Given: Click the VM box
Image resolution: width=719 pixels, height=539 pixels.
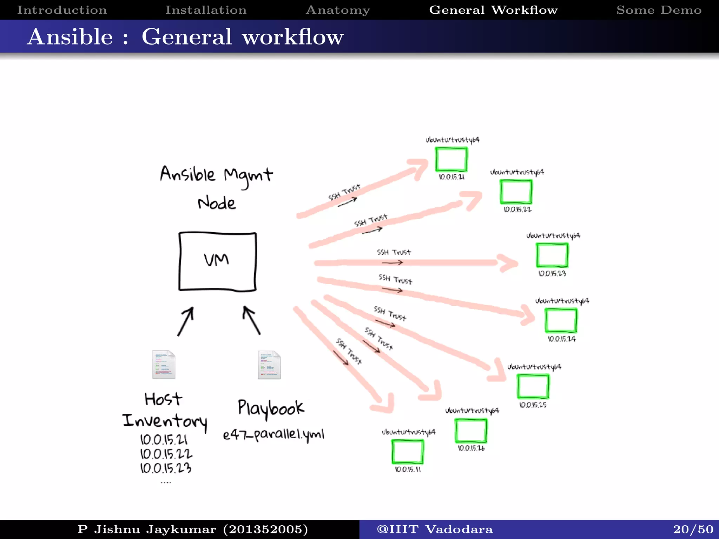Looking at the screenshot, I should pos(217,261).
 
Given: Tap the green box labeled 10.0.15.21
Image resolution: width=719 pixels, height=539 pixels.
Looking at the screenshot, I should pos(451,159).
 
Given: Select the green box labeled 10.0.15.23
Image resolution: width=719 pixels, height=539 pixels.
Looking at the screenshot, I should pos(552,255).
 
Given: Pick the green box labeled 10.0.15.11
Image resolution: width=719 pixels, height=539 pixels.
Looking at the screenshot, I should pos(408,452).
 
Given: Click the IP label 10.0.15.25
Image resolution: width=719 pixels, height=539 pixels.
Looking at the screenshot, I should pos(533,405).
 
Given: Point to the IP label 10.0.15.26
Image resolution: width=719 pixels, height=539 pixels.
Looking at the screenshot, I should pos(471,448).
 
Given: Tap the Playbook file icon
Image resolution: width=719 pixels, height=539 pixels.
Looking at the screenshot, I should pos(269,365).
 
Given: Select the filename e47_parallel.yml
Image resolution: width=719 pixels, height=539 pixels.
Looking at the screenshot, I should pos(273,435).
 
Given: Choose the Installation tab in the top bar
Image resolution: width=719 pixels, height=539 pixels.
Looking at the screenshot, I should pos(206,10).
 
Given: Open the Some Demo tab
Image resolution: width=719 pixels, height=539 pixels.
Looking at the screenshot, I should pos(659,10).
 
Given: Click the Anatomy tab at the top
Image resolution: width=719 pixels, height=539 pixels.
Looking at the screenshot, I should pos(338,10).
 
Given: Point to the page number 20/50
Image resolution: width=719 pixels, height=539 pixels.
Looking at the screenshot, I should pos(693,529).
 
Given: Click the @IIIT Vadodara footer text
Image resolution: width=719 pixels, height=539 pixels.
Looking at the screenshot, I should pos(434,529).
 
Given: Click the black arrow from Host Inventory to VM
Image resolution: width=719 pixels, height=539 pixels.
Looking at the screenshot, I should pos(185,321).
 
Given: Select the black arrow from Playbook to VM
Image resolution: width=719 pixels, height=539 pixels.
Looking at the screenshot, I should pos(252,320).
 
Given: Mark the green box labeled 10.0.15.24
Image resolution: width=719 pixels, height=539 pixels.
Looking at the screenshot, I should pos(561,320).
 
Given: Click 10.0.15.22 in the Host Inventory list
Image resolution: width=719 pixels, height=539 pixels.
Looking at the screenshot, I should pos(166,454).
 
